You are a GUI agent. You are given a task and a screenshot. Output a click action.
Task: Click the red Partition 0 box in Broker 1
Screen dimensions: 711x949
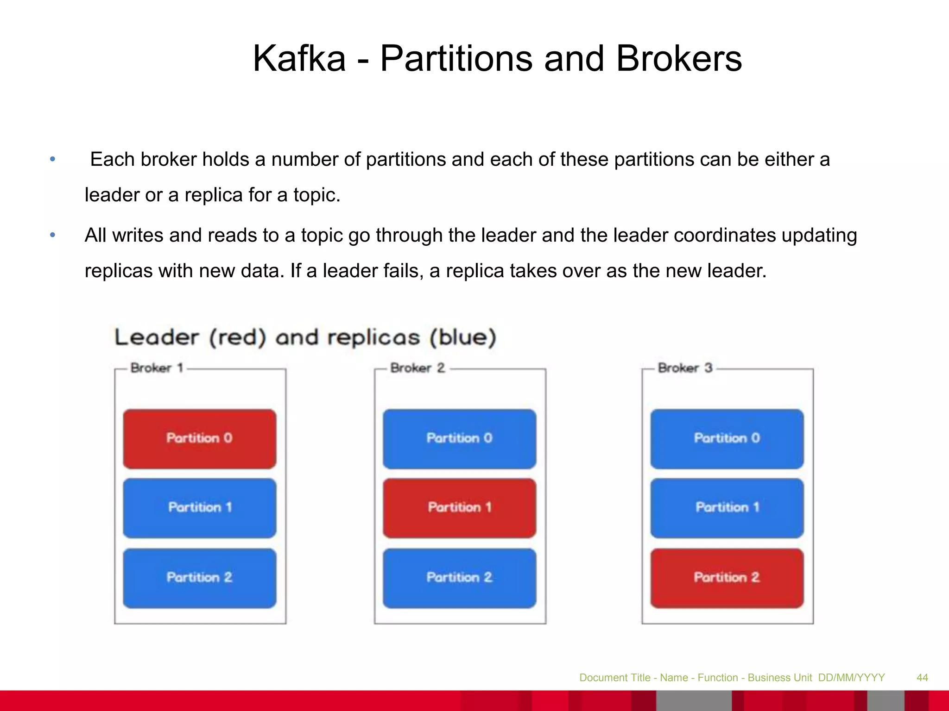(x=200, y=438)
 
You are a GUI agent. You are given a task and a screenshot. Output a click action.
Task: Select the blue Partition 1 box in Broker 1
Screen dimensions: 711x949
(x=200, y=508)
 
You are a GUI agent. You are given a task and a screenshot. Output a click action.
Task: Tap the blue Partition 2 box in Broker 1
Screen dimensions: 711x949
(x=200, y=578)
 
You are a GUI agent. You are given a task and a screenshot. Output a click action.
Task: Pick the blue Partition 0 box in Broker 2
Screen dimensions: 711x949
(x=459, y=438)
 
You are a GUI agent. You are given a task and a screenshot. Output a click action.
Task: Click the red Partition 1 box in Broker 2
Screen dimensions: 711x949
(x=459, y=508)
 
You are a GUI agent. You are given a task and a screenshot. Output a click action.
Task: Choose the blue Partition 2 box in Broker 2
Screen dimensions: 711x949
(x=459, y=578)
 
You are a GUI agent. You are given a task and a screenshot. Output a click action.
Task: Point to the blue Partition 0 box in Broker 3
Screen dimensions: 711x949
(x=727, y=438)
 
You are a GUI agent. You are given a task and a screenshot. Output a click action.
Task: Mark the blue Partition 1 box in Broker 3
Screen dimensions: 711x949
(x=727, y=508)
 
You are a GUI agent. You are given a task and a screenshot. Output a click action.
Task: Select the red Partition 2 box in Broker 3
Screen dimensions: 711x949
(x=727, y=578)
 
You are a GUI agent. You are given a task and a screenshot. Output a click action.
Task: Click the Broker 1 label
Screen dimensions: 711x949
(x=157, y=368)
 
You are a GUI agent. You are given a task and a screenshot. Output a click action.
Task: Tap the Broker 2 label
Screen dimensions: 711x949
(x=417, y=368)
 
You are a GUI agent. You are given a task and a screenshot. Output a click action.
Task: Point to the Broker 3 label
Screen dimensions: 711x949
(x=685, y=368)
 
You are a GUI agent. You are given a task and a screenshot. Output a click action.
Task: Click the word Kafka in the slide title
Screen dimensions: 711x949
(x=299, y=59)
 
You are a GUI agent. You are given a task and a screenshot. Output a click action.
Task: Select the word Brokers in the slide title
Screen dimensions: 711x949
(x=679, y=59)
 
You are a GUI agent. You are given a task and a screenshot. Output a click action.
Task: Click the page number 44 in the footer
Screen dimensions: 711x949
(x=922, y=678)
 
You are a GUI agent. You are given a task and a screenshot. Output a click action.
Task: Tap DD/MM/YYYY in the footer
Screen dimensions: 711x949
(x=851, y=678)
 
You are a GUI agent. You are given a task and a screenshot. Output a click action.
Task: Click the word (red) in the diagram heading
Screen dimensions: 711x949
(x=237, y=337)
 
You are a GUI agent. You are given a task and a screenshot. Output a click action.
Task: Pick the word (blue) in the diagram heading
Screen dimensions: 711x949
(x=462, y=337)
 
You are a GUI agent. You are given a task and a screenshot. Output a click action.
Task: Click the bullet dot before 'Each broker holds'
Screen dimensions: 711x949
(x=53, y=159)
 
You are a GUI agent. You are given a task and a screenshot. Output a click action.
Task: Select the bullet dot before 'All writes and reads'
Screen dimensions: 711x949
(x=53, y=235)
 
